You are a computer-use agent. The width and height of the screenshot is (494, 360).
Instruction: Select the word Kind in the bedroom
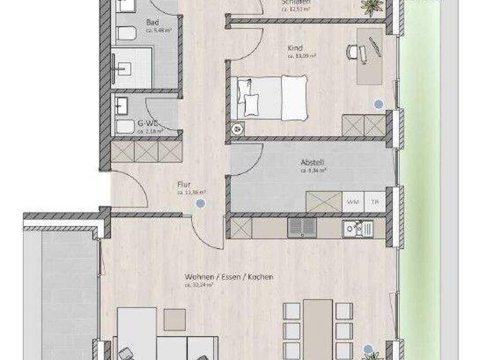coord(295,48)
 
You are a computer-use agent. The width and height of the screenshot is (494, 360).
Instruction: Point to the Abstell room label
coord(313,163)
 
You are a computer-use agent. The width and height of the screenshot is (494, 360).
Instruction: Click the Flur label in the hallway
coord(183,184)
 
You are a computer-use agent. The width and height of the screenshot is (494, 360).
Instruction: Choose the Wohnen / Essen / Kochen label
coord(229,276)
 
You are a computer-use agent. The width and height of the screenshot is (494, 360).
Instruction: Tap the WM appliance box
coord(352,202)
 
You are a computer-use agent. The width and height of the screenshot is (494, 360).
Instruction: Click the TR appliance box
coord(374,202)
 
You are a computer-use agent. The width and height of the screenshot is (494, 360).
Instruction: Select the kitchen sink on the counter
coord(357,228)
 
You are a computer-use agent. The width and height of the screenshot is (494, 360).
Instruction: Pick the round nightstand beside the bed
coord(239,128)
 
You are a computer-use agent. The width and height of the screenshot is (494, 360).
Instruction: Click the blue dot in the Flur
coord(201,203)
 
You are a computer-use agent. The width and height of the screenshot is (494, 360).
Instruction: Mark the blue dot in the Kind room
coord(378,103)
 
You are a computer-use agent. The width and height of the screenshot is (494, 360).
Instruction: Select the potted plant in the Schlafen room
coord(370,6)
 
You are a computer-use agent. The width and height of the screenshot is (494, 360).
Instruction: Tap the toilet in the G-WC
coord(124,125)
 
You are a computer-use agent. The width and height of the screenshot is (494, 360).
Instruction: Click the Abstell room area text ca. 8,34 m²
coord(313,171)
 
